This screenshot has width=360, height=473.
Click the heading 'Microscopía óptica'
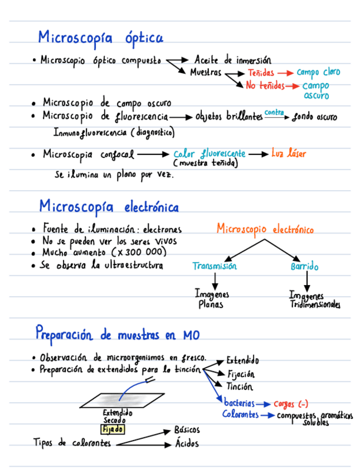click(x=100, y=37)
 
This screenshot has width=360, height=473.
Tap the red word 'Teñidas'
click(x=261, y=73)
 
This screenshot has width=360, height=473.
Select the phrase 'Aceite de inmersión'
click(x=233, y=60)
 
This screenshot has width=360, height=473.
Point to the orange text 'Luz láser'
click(x=289, y=153)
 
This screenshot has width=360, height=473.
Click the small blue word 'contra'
click(x=274, y=113)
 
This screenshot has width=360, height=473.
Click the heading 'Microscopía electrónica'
click(x=109, y=207)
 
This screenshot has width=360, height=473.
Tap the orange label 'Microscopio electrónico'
click(x=265, y=229)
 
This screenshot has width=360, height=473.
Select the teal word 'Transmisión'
click(x=215, y=267)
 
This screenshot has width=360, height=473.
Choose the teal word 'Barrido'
click(x=304, y=267)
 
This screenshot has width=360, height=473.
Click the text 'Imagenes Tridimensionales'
click(x=314, y=300)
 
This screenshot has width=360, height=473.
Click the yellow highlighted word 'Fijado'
click(x=113, y=429)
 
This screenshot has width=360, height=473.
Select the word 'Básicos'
click(x=187, y=430)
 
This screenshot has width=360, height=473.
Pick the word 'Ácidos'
click(x=187, y=444)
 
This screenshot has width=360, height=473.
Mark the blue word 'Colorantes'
click(x=240, y=414)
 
